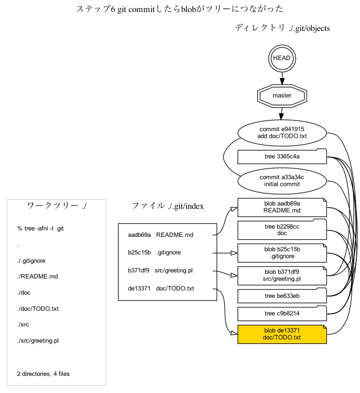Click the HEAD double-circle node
282,58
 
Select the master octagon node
282,96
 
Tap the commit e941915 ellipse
282,133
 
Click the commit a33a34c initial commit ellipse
282,181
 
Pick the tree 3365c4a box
282,157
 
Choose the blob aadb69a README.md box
282,207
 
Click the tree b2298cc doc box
282,230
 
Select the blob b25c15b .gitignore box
282,253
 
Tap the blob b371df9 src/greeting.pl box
282,275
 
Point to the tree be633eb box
282,296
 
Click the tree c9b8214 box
282,314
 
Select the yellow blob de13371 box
282,334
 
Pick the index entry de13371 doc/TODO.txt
161,289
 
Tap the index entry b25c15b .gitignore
154,253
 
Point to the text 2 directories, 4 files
43,374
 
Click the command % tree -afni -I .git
41,228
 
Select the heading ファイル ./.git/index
168,206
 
